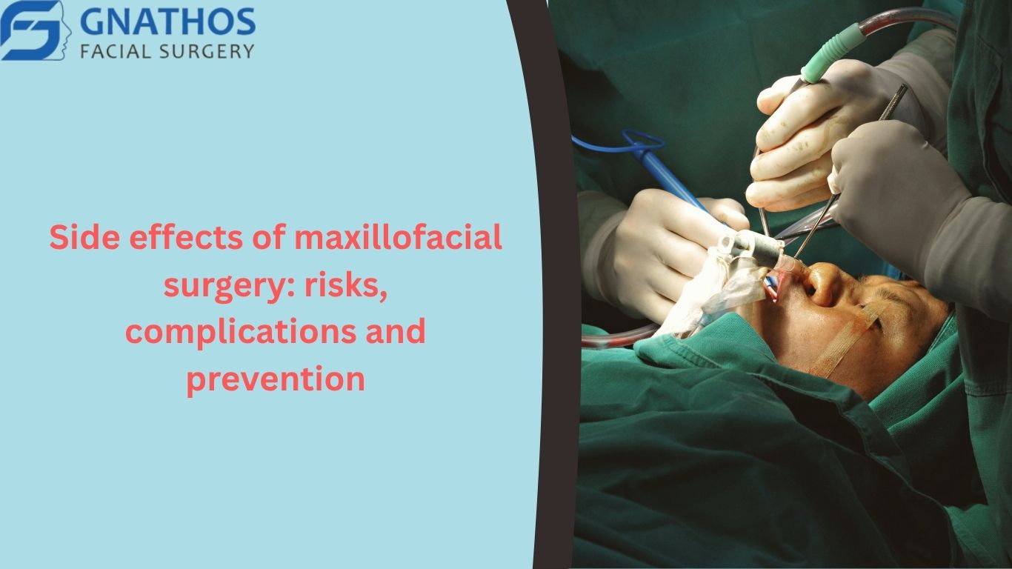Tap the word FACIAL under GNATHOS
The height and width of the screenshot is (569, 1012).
coord(115,51)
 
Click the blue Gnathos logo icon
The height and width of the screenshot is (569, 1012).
coord(36,30)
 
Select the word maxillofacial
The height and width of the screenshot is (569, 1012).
coord(399,237)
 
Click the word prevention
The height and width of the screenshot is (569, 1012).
coord(276,379)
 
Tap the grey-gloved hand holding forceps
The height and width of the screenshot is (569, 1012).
coord(908,190)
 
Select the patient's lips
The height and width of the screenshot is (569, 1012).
coord(773,287)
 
